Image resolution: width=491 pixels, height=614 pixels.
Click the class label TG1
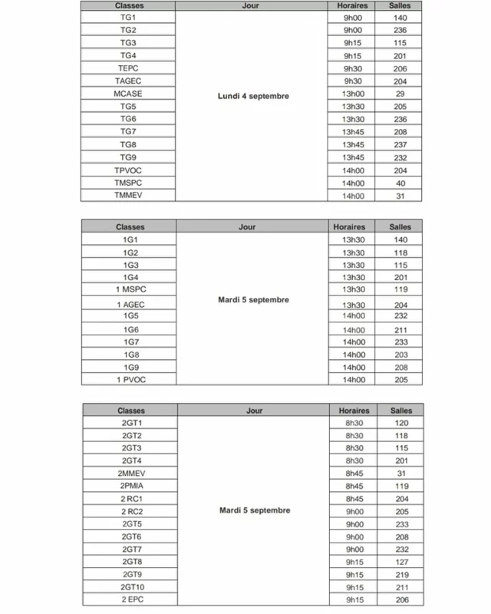coord(127,17)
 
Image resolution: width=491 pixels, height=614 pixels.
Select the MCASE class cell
coord(127,94)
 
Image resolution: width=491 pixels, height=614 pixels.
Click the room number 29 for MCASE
coord(400,94)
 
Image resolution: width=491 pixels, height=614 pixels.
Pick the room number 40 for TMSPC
coord(400,183)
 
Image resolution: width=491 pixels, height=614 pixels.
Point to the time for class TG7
coord(353,132)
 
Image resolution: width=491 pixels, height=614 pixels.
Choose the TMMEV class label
coord(127,196)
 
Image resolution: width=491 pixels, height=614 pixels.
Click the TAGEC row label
coord(127,81)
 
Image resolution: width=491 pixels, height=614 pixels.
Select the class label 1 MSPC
coord(130,290)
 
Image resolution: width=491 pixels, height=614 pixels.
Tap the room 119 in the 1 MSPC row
coord(400,290)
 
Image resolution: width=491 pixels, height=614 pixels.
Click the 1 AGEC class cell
coord(130,305)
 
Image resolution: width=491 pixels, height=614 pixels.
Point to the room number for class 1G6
coord(400,329)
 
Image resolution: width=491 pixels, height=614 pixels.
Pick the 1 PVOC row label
coord(130,380)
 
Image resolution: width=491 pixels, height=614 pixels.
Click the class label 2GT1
coord(132,423)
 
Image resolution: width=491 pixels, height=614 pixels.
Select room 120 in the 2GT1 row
coord(401,423)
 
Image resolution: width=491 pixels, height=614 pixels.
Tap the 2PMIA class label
coord(132,486)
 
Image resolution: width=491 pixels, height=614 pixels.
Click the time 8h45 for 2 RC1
coord(354,498)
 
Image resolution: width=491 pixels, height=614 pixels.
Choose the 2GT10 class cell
coord(132,587)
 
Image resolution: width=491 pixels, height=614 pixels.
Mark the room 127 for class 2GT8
coord(401,561)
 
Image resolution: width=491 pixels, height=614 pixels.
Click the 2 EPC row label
coord(132,599)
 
